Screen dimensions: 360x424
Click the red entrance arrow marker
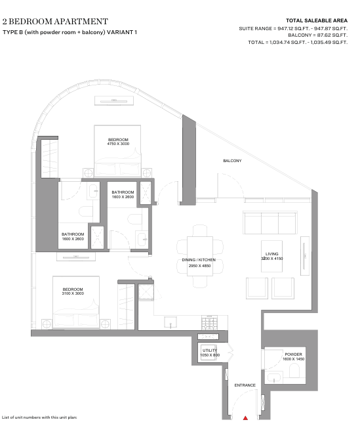click(x=245, y=418)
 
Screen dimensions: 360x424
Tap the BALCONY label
click(x=232, y=161)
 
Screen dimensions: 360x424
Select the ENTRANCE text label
click(x=245, y=385)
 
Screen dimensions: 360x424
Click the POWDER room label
click(x=294, y=354)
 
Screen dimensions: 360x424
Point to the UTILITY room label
click(x=210, y=350)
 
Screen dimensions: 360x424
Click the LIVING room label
click(x=271, y=254)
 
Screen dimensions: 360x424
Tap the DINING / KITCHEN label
click(x=199, y=260)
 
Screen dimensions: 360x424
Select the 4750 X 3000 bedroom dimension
click(x=118, y=144)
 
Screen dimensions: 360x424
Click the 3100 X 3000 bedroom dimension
click(x=73, y=293)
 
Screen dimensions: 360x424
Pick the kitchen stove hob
click(x=209, y=323)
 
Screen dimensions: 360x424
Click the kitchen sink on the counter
click(x=170, y=322)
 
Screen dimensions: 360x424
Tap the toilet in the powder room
click(x=294, y=370)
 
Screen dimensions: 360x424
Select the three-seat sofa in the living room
click(x=270, y=223)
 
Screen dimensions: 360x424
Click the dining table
click(x=200, y=256)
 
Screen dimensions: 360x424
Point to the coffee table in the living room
click(x=271, y=256)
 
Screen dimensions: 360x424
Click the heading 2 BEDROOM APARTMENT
click(x=55, y=22)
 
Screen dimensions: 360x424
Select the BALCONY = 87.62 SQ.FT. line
click(x=317, y=35)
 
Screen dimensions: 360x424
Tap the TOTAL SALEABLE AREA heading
click(x=317, y=20)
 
